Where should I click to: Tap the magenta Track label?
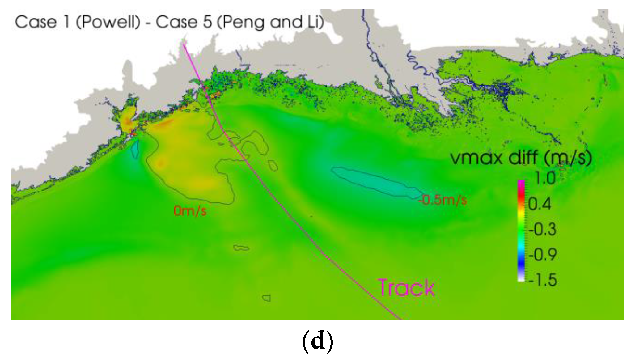tap(406, 287)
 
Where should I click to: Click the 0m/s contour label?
tap(190, 211)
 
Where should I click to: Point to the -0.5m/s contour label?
tap(443, 200)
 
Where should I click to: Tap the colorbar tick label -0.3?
tap(542, 229)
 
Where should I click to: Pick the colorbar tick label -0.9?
tap(542, 255)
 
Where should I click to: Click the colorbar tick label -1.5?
tap(542, 280)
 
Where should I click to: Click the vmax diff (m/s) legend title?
tap(521, 158)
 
